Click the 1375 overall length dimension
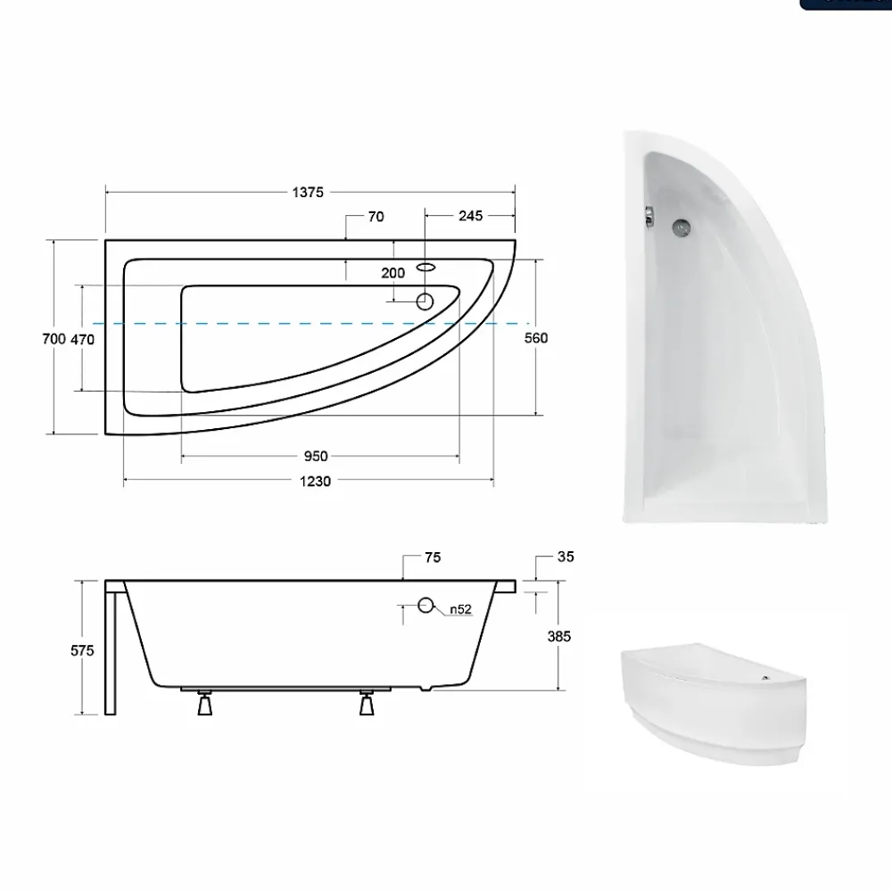click(x=308, y=193)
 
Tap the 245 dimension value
click(x=470, y=216)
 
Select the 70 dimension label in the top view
click(x=376, y=217)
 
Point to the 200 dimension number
click(x=393, y=273)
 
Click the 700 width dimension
click(x=54, y=339)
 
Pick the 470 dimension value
click(x=82, y=340)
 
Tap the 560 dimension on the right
click(x=536, y=338)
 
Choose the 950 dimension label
click(x=316, y=456)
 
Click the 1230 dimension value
click(x=315, y=482)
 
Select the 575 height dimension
click(x=82, y=650)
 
